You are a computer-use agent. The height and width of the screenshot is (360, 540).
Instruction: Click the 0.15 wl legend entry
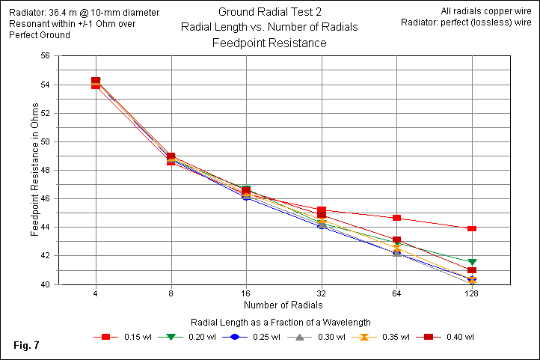pos(123,337)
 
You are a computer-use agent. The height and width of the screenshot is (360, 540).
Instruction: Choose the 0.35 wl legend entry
pos(376,337)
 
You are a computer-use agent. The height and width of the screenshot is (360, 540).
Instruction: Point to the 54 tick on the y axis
pos(44,85)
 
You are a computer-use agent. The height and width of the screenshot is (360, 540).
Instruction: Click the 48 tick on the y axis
pos(44,170)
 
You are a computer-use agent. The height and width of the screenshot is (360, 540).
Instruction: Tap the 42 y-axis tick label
pos(44,256)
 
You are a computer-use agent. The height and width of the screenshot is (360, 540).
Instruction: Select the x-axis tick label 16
pos(246,294)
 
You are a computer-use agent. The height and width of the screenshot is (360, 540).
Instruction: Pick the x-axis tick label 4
pos(96,294)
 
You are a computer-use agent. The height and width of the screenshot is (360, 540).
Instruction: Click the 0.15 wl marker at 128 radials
pos(472,228)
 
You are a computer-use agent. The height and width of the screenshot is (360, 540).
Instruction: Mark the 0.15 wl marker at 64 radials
pos(396,218)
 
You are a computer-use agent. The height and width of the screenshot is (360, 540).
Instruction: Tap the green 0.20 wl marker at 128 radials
pos(472,262)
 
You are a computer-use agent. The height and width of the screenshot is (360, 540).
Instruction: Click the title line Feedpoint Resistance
pos(269,43)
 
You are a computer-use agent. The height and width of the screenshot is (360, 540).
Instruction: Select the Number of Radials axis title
pos(283,305)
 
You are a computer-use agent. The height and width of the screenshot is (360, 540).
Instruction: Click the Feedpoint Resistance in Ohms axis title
pos(34,170)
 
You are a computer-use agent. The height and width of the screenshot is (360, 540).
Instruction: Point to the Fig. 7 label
pos(27,345)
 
